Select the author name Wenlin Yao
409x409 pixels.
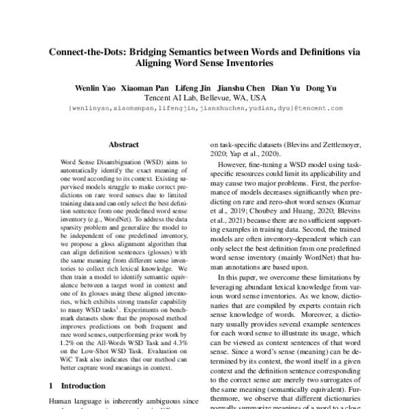point(94,88)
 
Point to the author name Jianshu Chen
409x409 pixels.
point(241,88)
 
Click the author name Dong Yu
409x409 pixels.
point(322,88)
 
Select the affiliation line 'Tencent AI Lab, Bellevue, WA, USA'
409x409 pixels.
point(204,98)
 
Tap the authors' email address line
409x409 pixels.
point(204,108)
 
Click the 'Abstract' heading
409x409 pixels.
point(123,145)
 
